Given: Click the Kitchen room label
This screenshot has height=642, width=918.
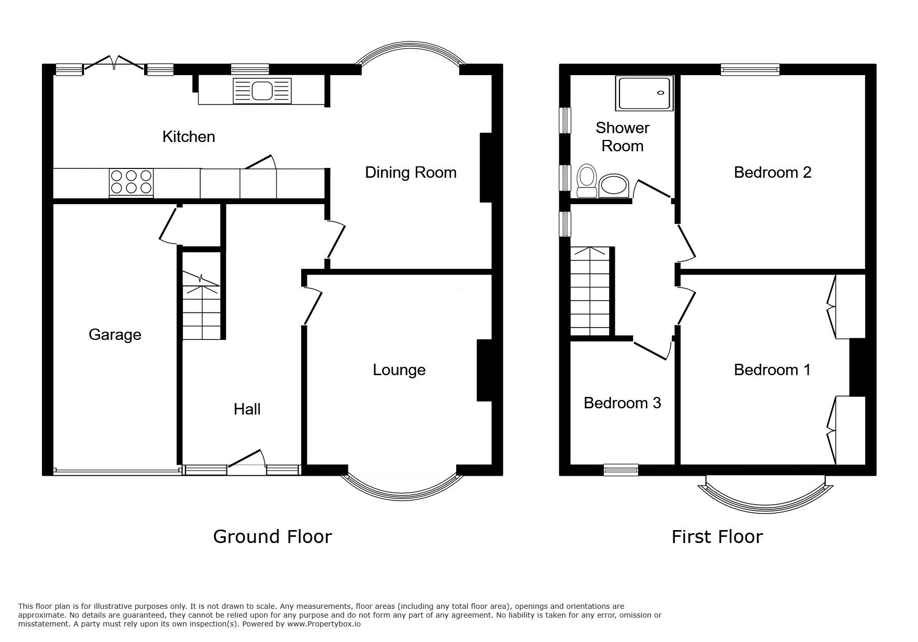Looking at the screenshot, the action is click(x=189, y=137).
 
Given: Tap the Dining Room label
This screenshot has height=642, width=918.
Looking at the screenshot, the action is click(x=411, y=173).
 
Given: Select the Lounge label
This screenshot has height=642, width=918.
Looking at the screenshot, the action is click(x=399, y=370).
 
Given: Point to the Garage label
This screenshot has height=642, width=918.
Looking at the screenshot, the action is click(x=115, y=335).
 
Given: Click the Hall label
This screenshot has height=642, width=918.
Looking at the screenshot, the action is click(x=247, y=409).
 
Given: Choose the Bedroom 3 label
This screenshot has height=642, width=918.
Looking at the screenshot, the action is click(x=622, y=403).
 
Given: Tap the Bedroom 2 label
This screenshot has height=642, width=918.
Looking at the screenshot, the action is click(x=772, y=173).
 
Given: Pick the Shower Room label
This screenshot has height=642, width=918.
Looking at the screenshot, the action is click(x=622, y=137).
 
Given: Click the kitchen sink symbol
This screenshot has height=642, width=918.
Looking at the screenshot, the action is click(x=262, y=91).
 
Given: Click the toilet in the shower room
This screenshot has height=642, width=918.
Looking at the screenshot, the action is click(x=587, y=181).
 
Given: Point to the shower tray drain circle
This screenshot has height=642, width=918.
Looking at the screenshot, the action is click(x=660, y=93).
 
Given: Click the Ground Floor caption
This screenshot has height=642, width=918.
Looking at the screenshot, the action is click(x=272, y=537).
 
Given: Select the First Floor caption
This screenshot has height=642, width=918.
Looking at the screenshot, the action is click(x=717, y=537).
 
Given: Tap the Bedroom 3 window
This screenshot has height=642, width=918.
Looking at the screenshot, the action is click(x=620, y=469).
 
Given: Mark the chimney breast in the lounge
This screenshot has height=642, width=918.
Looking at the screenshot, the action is click(x=484, y=370).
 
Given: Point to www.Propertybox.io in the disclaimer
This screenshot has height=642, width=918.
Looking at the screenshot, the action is click(x=324, y=624).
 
